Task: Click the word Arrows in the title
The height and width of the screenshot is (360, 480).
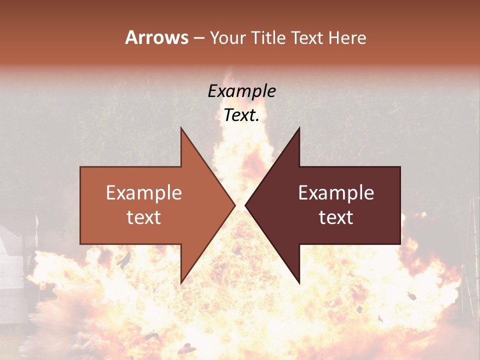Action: coord(157,37)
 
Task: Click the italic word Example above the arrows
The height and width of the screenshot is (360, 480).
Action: coord(242,91)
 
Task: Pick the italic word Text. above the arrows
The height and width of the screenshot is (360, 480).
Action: coord(242,115)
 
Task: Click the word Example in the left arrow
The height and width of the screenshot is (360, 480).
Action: coord(144,192)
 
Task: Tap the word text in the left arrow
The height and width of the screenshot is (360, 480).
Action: coord(144,217)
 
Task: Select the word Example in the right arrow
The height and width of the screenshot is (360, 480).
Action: coord(336,192)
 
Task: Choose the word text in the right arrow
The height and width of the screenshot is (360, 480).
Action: coord(336,217)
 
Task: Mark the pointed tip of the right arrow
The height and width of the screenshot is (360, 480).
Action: coord(246,205)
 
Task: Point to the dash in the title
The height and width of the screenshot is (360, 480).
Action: coord(198,38)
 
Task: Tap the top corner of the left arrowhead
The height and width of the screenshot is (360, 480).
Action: coord(181,128)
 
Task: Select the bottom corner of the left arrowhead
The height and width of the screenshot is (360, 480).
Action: coord(181,283)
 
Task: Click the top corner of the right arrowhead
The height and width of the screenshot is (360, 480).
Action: coord(299,128)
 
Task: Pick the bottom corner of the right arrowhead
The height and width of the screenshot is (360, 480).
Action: coord(299,283)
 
